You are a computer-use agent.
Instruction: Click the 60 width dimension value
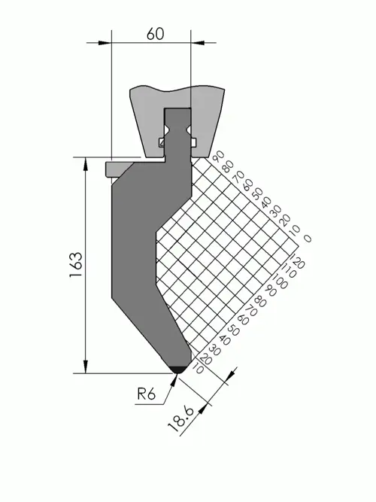155,34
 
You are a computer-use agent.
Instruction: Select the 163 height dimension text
76,265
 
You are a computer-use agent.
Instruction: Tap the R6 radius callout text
146,394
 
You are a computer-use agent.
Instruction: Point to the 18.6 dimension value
181,418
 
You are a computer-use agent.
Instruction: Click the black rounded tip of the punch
178,370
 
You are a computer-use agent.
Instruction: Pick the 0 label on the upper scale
308,238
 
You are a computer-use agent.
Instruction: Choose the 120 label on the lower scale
297,262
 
